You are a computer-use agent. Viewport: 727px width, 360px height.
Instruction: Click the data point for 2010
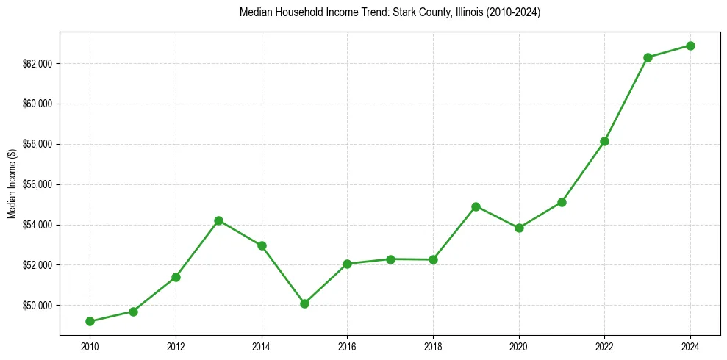pyautogui.click(x=90, y=321)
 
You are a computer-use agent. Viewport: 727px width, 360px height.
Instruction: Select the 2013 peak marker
pyautogui.click(x=218, y=220)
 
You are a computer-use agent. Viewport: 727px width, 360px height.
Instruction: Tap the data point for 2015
pyautogui.click(x=304, y=303)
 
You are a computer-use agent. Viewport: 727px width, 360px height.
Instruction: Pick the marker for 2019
pyautogui.click(x=476, y=206)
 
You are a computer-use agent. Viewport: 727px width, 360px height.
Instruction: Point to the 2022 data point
pyautogui.click(x=605, y=141)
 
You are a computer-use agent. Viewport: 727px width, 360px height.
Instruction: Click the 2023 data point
pyautogui.click(x=648, y=57)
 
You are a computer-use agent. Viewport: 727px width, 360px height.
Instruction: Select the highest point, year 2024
pyautogui.click(x=691, y=46)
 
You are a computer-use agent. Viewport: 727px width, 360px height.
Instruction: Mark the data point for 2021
pyautogui.click(x=562, y=202)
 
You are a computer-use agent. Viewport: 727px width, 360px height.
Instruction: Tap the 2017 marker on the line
pyautogui.click(x=390, y=259)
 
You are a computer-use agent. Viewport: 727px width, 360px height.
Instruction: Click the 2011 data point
pyautogui.click(x=133, y=312)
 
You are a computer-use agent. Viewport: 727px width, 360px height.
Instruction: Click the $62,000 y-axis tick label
pyautogui.click(x=38, y=63)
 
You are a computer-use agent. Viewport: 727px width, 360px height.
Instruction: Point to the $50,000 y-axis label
pyautogui.click(x=38, y=305)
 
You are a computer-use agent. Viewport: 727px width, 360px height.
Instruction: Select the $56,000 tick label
pyautogui.click(x=38, y=184)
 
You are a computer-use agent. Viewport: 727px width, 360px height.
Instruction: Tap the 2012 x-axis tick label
pyautogui.click(x=176, y=346)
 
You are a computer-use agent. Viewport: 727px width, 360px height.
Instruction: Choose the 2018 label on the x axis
pyautogui.click(x=433, y=346)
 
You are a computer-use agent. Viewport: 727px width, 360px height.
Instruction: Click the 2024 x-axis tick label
pyautogui.click(x=691, y=346)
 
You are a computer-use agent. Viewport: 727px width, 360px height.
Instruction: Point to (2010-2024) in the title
pyautogui.click(x=509, y=12)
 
